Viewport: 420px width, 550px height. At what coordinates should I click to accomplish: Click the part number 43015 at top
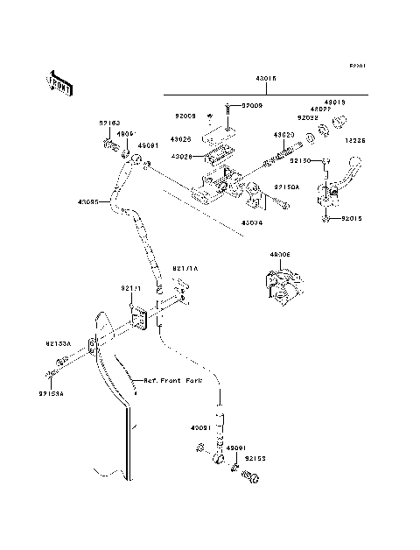pyautogui.click(x=266, y=78)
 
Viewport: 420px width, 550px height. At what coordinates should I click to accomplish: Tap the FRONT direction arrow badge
pyautogui.click(x=59, y=81)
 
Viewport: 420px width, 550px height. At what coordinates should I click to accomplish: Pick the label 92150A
pyautogui.click(x=285, y=187)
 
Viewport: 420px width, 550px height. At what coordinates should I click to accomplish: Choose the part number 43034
pyautogui.click(x=251, y=222)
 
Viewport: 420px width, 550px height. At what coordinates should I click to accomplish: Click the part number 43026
pyautogui.click(x=181, y=139)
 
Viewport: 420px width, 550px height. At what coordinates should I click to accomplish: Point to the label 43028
pyautogui.click(x=181, y=157)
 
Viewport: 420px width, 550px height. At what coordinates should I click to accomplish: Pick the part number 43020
pyautogui.click(x=283, y=135)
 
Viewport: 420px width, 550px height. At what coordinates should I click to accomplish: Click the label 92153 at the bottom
pyautogui.click(x=255, y=457)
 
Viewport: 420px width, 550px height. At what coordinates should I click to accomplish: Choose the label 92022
pyautogui.click(x=306, y=117)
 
